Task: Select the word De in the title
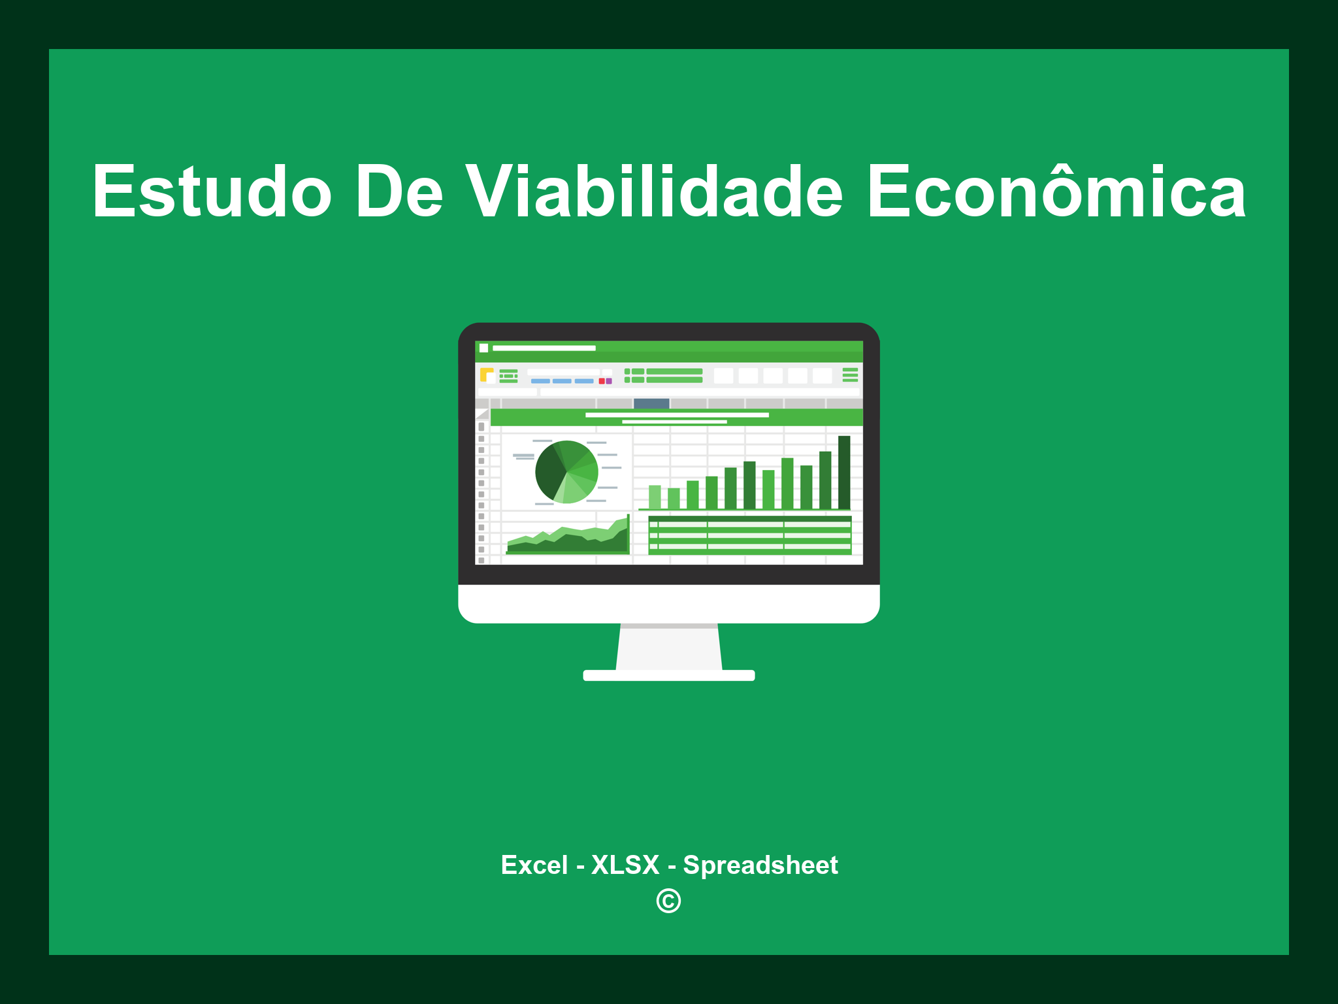coord(399,191)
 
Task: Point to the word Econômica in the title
coord(1056,191)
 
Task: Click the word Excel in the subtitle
coord(534,865)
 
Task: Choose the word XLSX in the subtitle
coord(625,865)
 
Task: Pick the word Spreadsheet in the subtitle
coord(760,865)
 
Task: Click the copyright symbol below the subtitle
coord(668,901)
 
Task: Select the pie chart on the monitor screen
coord(566,472)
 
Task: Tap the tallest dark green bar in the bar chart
coord(844,472)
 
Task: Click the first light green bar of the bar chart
coord(655,497)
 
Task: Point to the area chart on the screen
coord(567,539)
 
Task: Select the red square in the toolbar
coord(602,381)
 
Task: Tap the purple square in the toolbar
coord(609,381)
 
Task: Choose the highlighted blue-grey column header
coord(651,403)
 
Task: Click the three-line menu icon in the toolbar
coord(850,375)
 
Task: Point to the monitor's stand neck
coord(669,647)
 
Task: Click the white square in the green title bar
coord(484,348)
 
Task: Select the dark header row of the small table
coord(750,519)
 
